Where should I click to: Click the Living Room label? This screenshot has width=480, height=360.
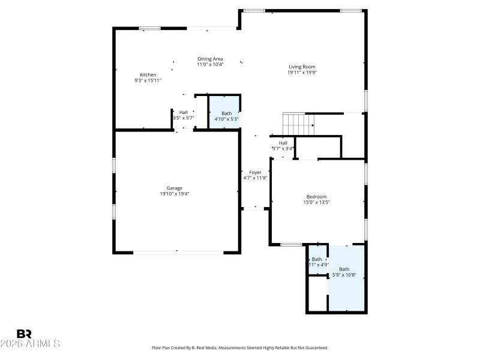pyautogui.click(x=302, y=67)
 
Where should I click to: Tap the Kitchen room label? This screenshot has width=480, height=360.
pyautogui.click(x=148, y=75)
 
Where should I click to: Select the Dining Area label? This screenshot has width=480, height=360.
pyautogui.click(x=210, y=59)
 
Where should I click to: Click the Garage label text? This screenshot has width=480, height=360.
pyautogui.click(x=175, y=188)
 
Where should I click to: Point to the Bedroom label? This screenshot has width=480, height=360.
pyautogui.click(x=316, y=197)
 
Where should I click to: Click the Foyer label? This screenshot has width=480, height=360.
pyautogui.click(x=255, y=172)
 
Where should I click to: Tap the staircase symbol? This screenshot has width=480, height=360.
pyautogui.click(x=299, y=124)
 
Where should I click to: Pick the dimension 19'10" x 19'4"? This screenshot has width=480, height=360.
pyautogui.click(x=175, y=194)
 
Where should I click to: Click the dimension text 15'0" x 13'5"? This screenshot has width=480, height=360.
pyautogui.click(x=316, y=203)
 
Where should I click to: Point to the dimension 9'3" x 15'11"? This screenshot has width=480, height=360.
pyautogui.click(x=148, y=80)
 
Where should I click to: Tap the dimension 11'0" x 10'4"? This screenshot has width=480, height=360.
pyautogui.click(x=210, y=64)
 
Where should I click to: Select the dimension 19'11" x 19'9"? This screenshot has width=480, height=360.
pyautogui.click(x=302, y=72)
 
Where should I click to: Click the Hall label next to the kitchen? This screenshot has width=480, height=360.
pyautogui.click(x=183, y=112)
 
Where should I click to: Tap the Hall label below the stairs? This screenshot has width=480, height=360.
pyautogui.click(x=283, y=143)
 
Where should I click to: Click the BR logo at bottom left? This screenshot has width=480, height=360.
pyautogui.click(x=24, y=334)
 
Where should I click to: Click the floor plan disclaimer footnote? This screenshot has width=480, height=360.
pyautogui.click(x=240, y=347)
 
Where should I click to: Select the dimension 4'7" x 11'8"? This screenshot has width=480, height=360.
pyautogui.click(x=255, y=178)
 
